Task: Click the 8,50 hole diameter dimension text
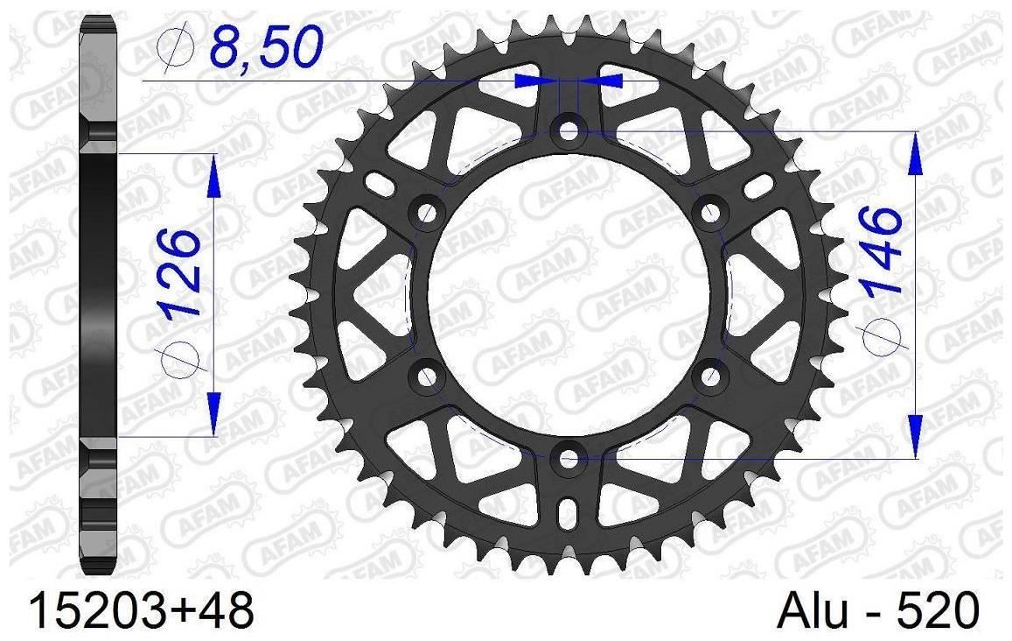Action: [x=266, y=44]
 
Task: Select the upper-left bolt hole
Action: [x=427, y=212]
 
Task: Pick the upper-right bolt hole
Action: [x=710, y=211]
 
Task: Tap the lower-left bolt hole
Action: [x=427, y=376]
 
